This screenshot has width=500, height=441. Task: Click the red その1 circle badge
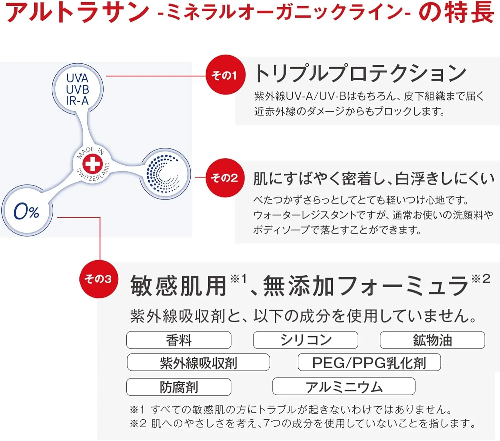tap(225, 75)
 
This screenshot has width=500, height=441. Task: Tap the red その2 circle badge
tap(225, 178)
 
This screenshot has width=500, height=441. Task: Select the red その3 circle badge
tap(99, 279)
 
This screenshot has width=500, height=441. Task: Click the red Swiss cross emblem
tap(92, 163)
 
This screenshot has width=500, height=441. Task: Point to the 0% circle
tap(27, 210)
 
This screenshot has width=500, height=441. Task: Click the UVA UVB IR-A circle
tap(77, 89)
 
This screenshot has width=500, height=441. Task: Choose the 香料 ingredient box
tap(179, 340)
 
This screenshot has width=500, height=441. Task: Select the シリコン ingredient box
tap(306, 340)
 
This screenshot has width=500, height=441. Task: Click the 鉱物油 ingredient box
tap(432, 340)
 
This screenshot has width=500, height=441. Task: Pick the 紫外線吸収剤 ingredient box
tap(198, 362)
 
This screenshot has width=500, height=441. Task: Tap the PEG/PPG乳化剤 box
tap(369, 362)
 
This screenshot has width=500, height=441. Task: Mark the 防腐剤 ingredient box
tap(179, 387)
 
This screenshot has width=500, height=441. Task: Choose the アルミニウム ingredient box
tap(344, 386)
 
